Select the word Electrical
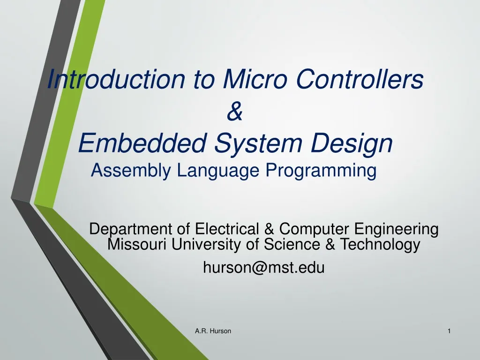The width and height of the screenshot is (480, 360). pyautogui.click(x=226, y=229)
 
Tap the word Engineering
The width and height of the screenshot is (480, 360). pyautogui.click(x=397, y=230)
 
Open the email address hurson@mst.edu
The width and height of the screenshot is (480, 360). pyautogui.click(x=263, y=268)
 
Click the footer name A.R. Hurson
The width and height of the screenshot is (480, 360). pyautogui.click(x=213, y=331)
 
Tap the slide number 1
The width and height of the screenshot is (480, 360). pyautogui.click(x=449, y=331)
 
